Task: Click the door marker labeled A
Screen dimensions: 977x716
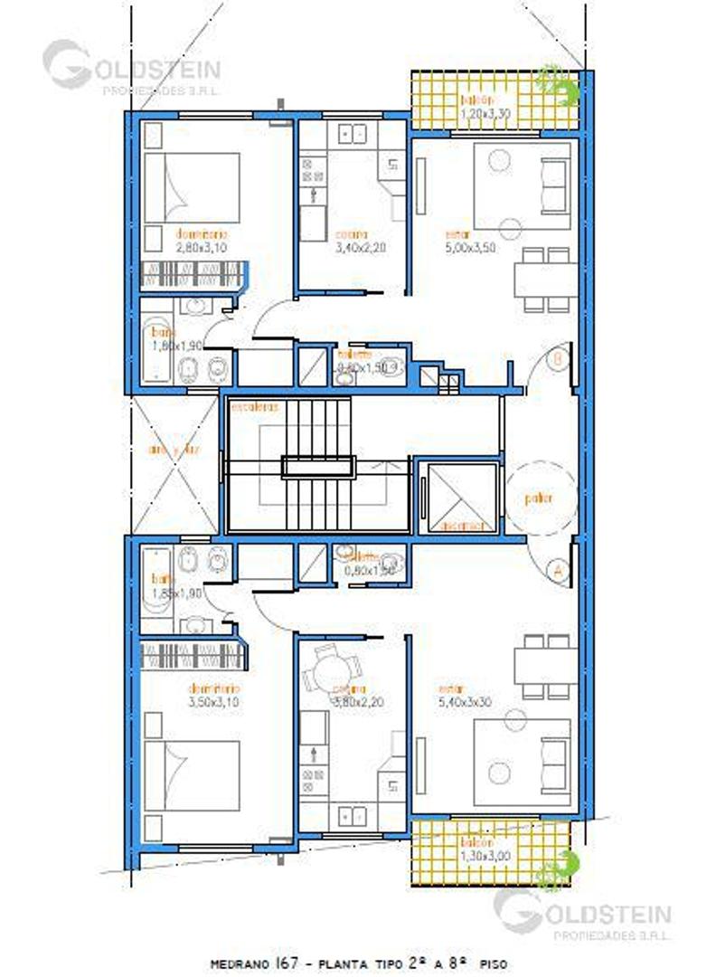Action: [557, 571]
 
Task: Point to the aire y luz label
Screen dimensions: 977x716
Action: [176, 450]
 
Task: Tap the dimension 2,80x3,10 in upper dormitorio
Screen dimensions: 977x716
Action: [203, 244]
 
